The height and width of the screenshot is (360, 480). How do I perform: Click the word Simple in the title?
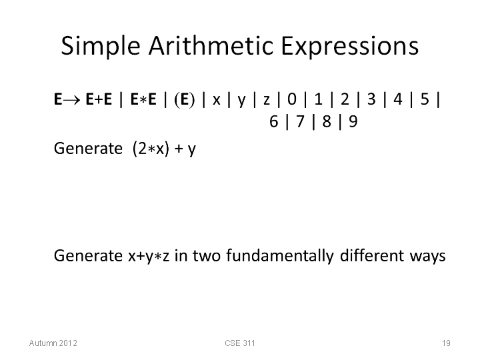101,46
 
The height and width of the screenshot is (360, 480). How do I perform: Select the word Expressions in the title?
349,46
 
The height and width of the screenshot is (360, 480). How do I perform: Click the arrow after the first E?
72,100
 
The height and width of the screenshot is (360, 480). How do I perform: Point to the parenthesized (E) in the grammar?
184,99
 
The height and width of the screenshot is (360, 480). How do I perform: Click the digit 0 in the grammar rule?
292,99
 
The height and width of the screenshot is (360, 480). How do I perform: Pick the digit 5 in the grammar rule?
425,99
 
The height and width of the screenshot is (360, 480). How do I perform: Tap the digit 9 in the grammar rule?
353,121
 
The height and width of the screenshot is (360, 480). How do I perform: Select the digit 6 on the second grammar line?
274,121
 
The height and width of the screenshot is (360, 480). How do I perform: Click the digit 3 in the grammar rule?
371,99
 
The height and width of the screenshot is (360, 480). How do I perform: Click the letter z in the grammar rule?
266,101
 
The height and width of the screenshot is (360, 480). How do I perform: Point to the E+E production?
99,99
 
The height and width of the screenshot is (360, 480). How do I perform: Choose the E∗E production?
143,99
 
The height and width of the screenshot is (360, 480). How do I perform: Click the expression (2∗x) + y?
165,149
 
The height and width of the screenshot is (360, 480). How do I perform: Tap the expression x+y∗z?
149,257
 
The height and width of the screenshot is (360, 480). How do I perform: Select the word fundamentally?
280,256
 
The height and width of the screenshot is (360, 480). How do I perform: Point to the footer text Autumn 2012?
53,343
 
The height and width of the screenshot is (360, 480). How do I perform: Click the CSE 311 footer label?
240,343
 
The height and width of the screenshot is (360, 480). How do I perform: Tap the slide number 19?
446,343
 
